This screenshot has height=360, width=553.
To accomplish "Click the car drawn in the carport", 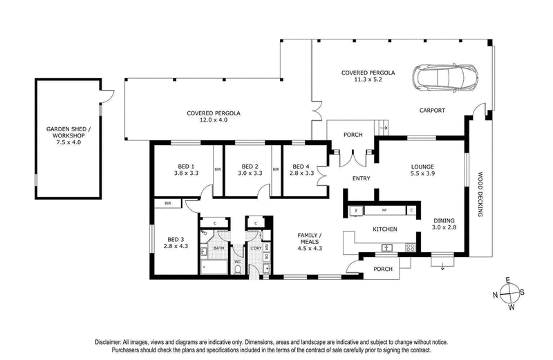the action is tap(445, 78).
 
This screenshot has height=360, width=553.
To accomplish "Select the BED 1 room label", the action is tap(186, 167).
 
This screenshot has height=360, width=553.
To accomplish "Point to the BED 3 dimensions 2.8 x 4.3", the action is tap(176, 246).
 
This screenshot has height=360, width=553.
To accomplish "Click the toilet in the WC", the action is tap(238, 269).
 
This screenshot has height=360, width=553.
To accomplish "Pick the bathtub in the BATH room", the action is tap(214, 267).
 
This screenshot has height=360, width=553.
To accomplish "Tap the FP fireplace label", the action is tap(384, 211).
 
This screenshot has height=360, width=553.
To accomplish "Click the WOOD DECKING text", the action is tap(480, 194).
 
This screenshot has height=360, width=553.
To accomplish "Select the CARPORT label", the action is tap(432, 111).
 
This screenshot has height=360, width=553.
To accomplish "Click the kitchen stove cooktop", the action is tap(410, 247).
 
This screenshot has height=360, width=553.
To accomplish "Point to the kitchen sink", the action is tap(387, 248).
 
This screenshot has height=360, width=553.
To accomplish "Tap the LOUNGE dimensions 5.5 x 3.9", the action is tap(422, 173).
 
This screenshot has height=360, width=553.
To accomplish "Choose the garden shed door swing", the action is tap(107, 96).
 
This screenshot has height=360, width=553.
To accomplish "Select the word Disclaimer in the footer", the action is tap(107, 342).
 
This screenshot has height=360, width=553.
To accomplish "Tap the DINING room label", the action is tap(444, 220).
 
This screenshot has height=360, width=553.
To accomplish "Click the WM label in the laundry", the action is tap(267, 247).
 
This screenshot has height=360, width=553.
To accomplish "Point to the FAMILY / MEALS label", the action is tap(310, 238).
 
